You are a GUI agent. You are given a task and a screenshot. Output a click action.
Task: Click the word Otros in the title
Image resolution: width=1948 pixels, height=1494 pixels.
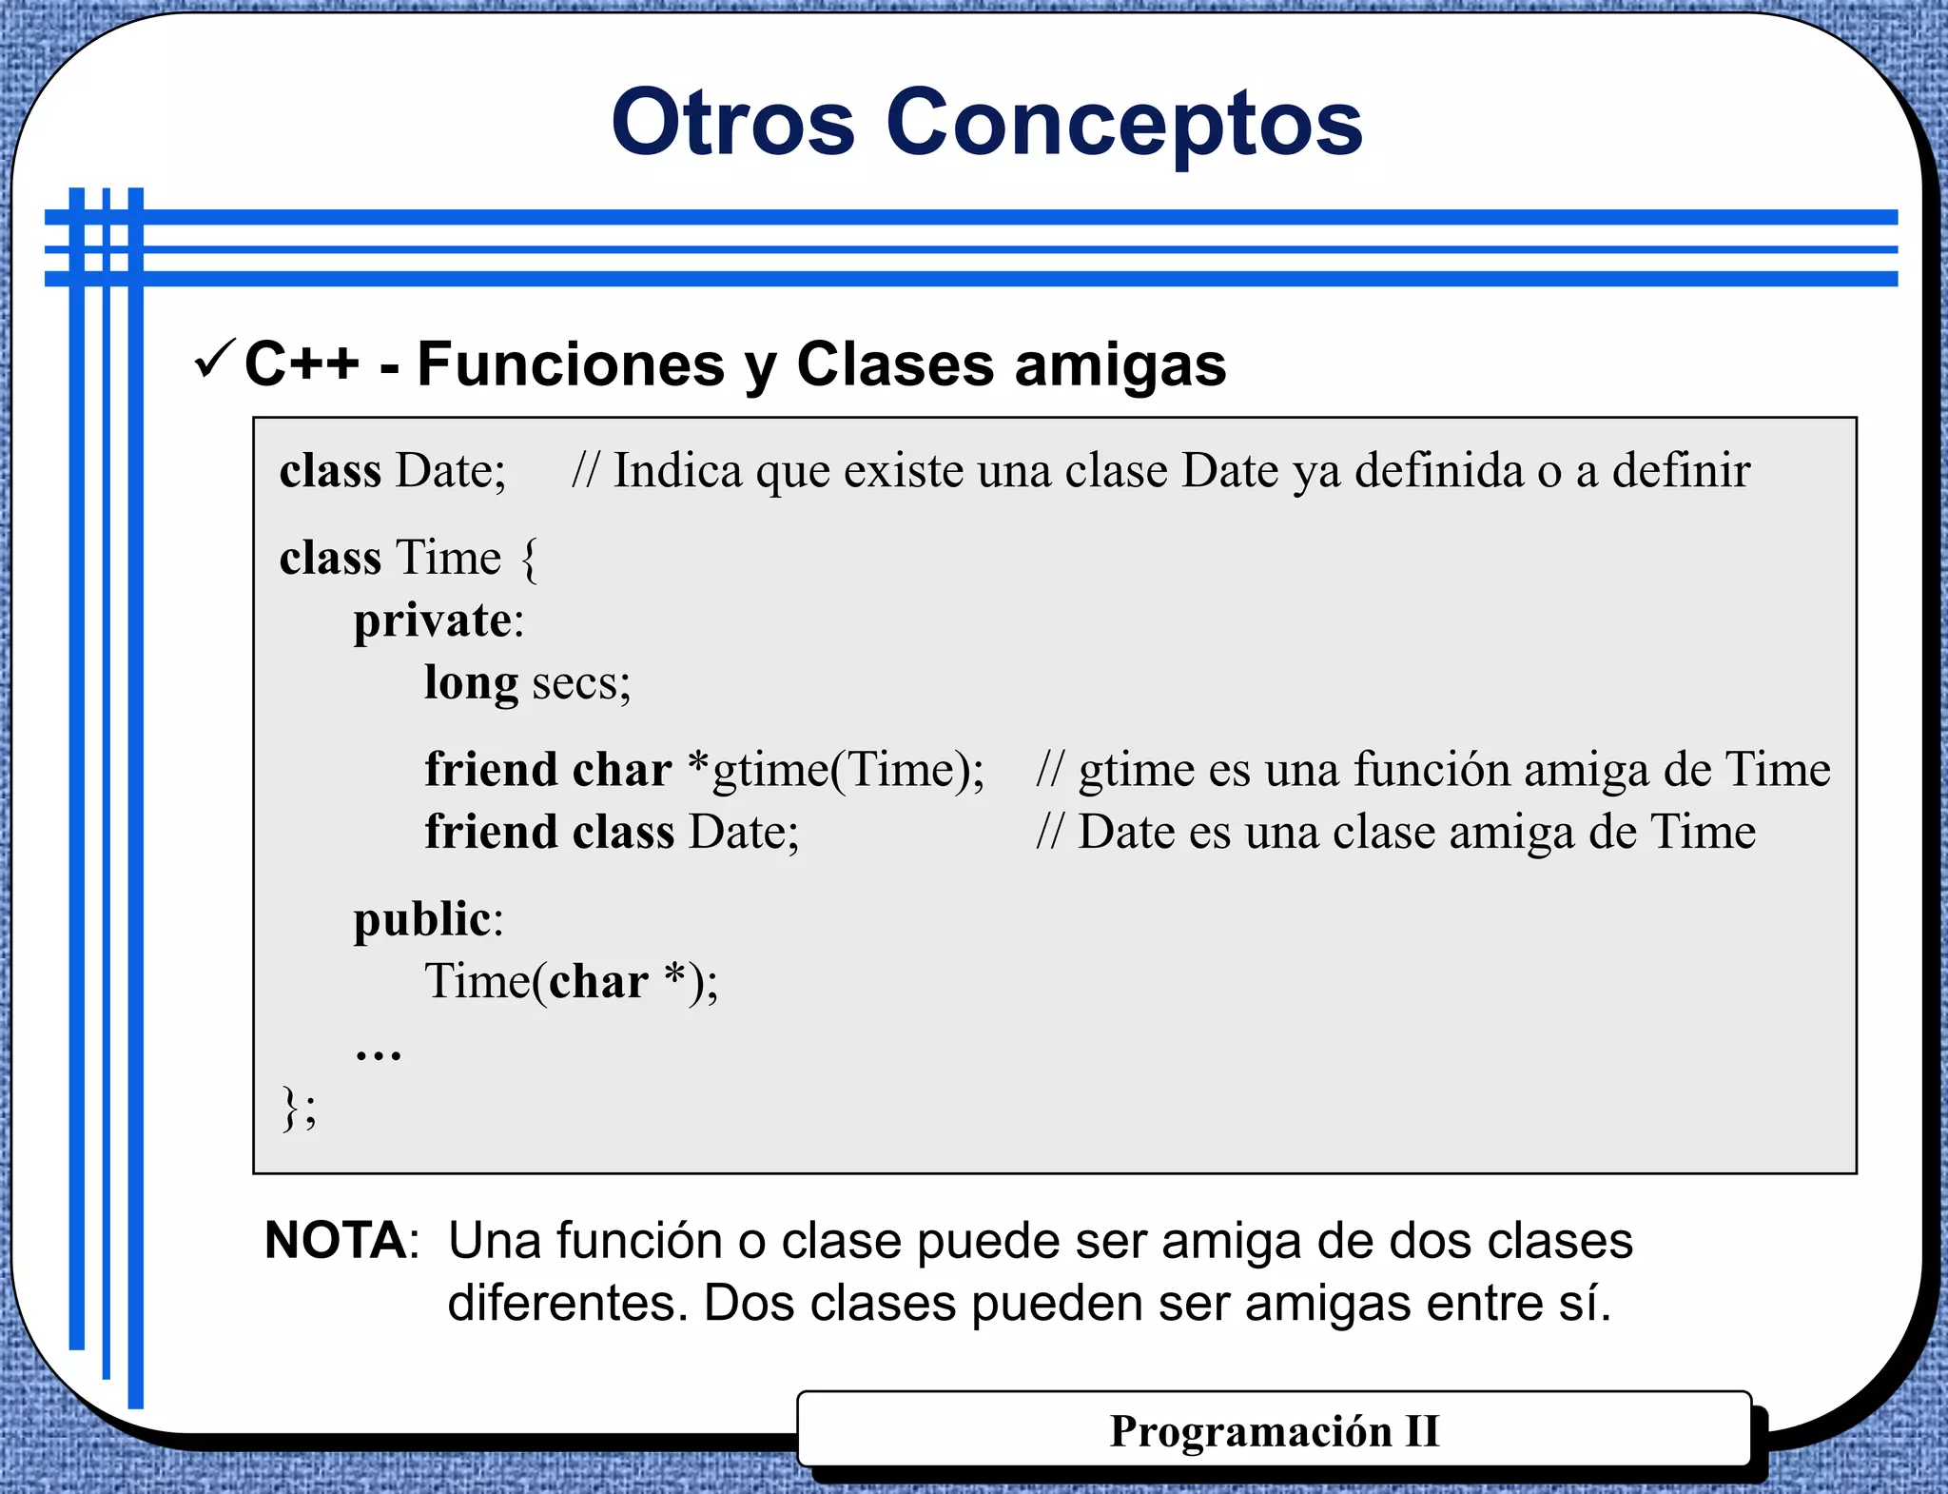[x=733, y=124]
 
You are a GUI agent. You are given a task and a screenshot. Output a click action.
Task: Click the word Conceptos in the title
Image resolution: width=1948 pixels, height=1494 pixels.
[x=1124, y=124]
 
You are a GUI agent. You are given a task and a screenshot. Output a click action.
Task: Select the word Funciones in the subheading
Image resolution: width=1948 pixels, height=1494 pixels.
[x=571, y=364]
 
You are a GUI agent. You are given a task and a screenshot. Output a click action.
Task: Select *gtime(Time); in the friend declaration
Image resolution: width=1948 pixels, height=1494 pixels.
[x=836, y=770]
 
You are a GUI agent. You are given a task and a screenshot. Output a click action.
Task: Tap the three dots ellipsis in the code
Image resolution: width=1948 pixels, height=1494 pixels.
[x=378, y=1052]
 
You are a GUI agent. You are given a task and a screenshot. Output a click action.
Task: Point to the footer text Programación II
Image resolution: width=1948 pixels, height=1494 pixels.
[x=1274, y=1431]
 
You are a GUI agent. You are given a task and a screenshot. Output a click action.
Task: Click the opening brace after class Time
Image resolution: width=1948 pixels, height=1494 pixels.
[x=530, y=560]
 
